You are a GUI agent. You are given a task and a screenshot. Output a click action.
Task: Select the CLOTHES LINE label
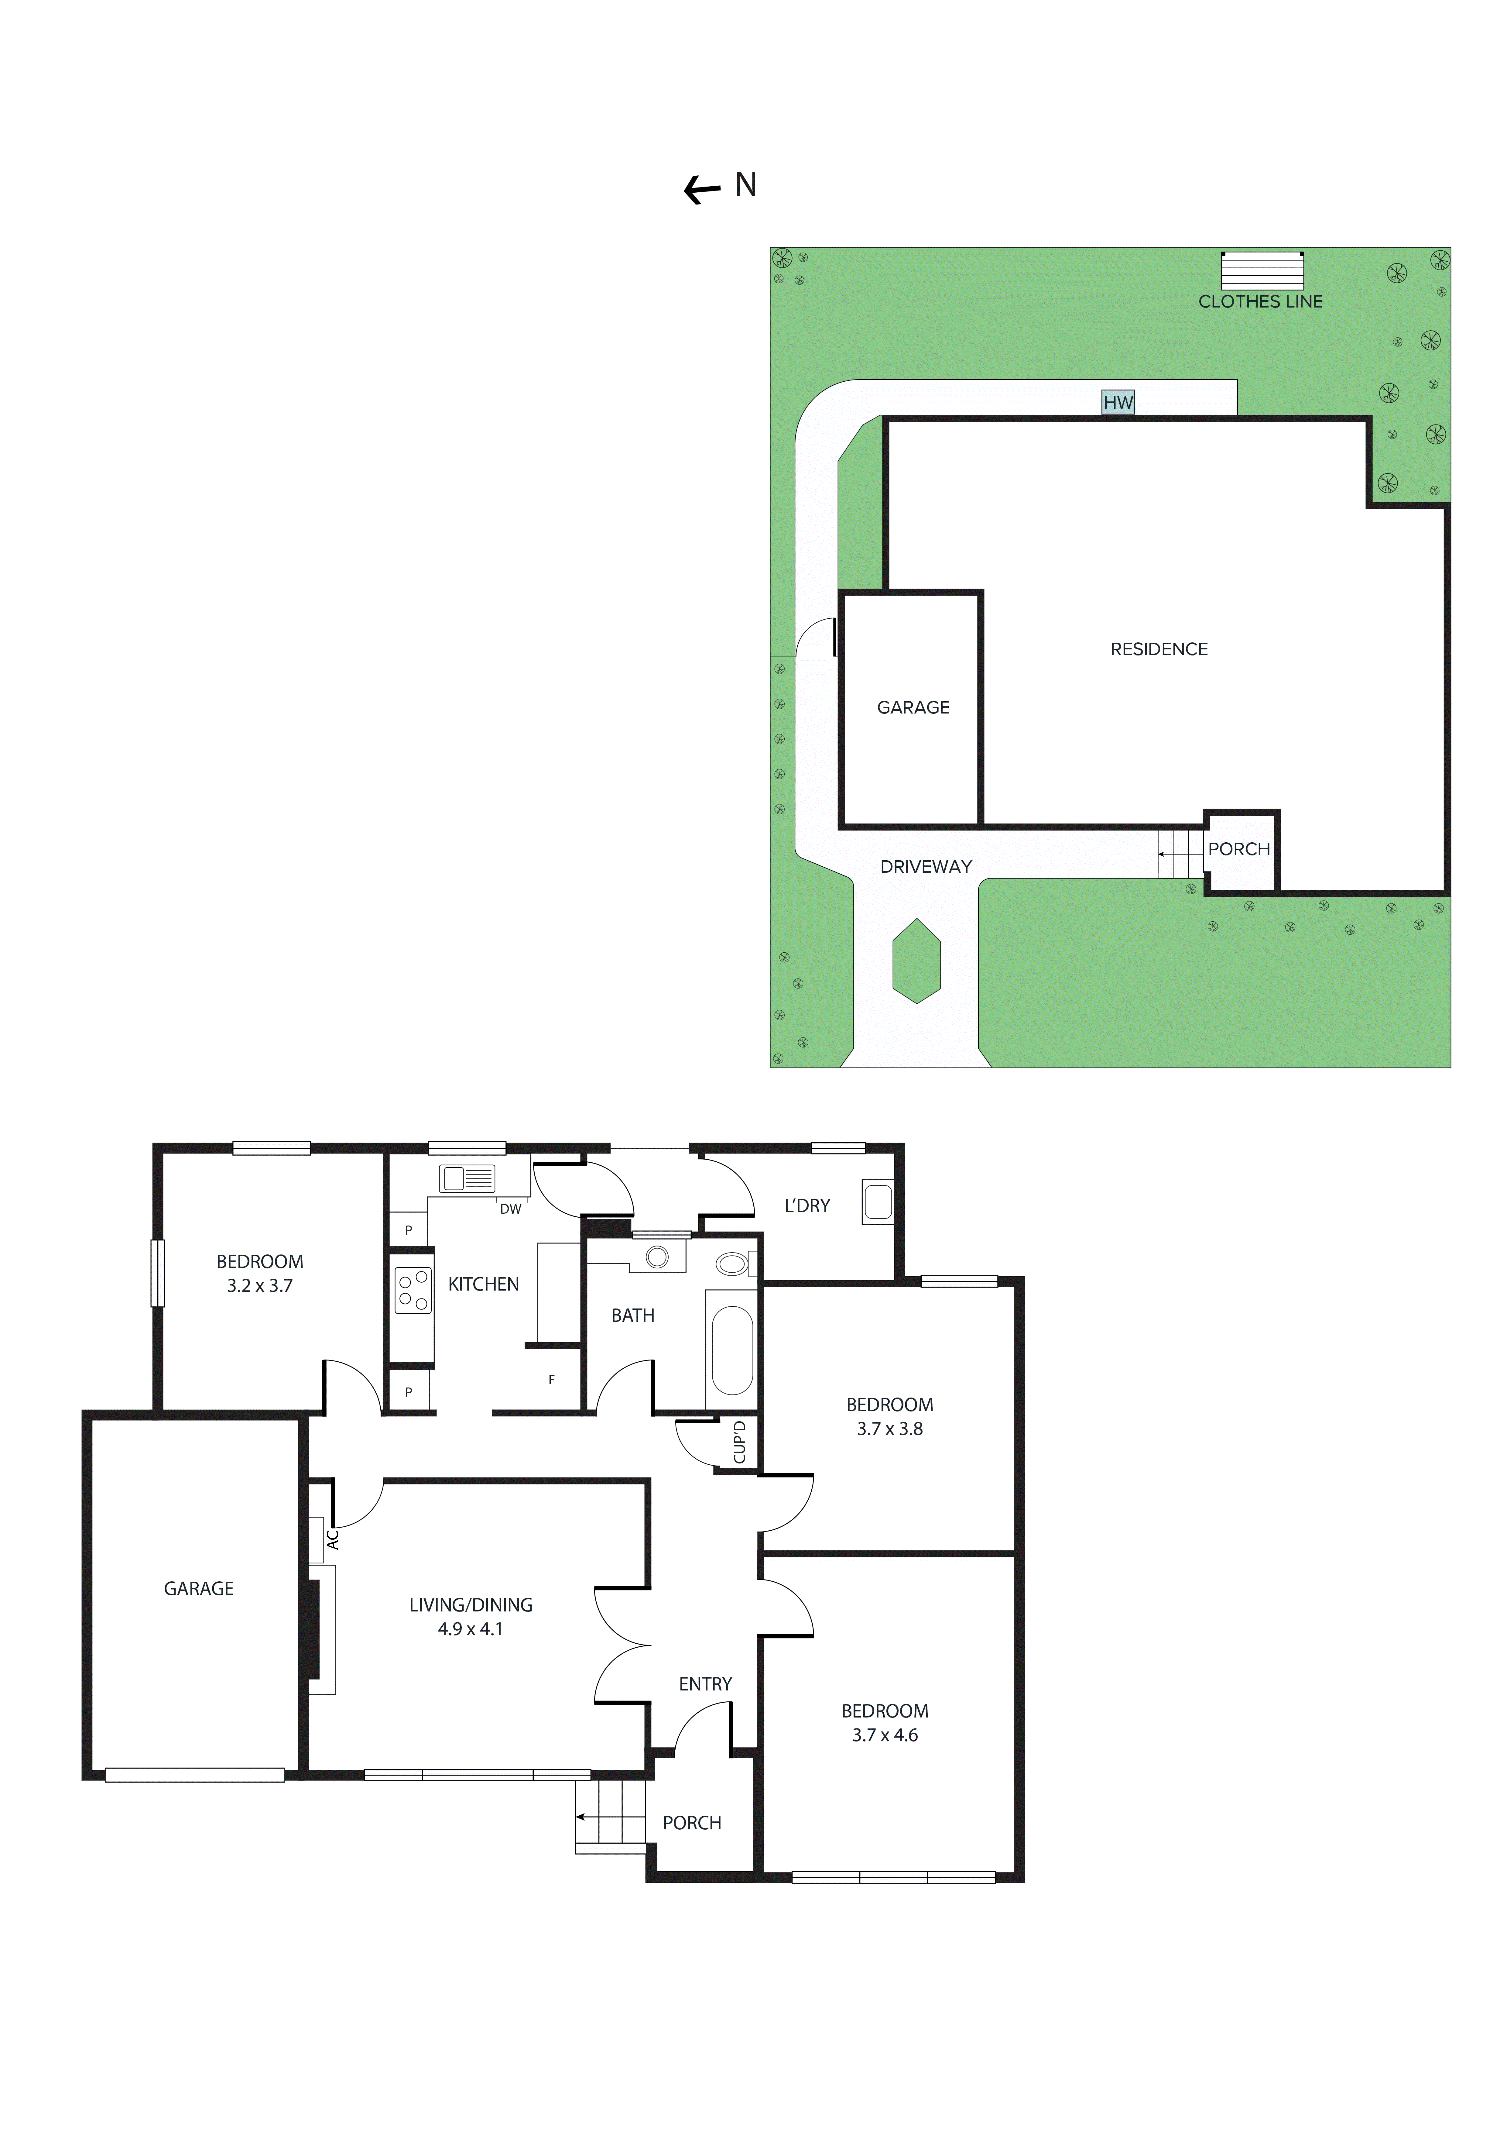point(1260,302)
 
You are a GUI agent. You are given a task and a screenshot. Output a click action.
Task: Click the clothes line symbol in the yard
point(1262,270)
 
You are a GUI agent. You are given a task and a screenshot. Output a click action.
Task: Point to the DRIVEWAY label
point(926,866)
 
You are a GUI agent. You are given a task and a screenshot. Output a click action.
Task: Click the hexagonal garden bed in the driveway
point(916,961)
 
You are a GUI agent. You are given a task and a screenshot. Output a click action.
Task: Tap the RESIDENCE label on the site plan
point(1159,649)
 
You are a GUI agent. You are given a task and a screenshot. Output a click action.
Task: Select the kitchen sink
point(467,1179)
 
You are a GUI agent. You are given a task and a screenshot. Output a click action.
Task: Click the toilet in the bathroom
point(734,1264)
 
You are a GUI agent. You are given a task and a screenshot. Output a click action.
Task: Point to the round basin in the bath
point(657,1257)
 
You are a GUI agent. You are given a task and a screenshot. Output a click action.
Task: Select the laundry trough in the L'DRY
point(878,1202)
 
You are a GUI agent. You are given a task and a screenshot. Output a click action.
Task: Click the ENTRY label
point(705,1683)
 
